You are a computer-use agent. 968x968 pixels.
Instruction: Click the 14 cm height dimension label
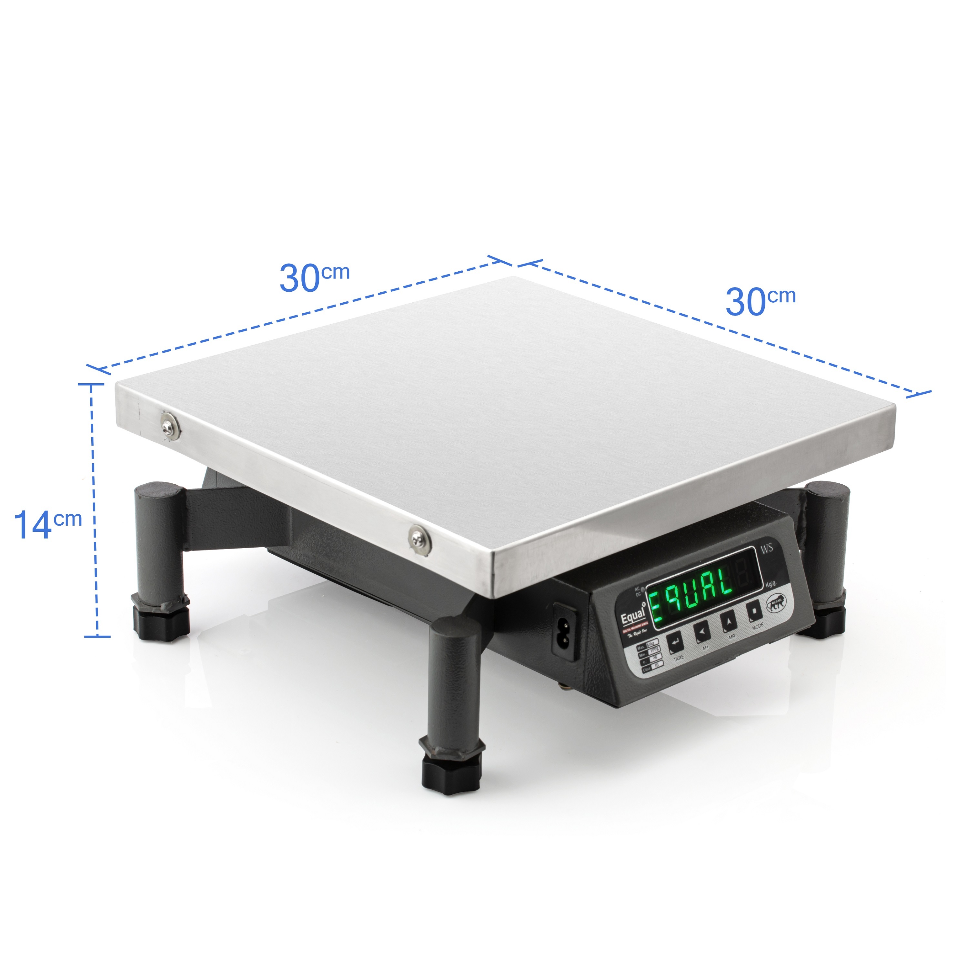click(x=48, y=524)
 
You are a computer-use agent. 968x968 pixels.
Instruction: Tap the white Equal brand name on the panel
click(x=632, y=617)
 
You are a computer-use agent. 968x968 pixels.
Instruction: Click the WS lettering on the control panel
click(x=767, y=549)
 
